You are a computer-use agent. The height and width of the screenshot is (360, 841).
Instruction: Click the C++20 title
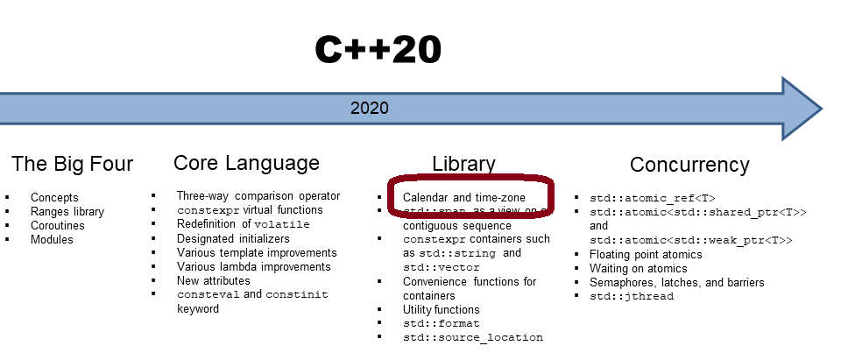click(x=378, y=51)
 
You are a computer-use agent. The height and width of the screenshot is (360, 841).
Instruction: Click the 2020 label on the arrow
click(x=369, y=109)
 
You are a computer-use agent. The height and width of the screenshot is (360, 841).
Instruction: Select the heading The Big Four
click(x=72, y=164)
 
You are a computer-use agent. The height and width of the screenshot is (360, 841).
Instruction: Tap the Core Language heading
click(x=246, y=163)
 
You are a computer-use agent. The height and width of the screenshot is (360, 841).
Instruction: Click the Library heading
click(x=463, y=164)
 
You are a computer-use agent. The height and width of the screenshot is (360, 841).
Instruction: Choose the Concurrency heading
click(x=689, y=165)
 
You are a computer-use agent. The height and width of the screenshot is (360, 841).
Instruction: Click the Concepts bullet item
click(x=54, y=197)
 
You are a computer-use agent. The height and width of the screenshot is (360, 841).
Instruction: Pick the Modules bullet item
click(x=53, y=239)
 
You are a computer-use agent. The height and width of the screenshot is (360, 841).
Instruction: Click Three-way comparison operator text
click(x=258, y=196)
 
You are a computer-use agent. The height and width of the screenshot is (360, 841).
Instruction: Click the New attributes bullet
click(x=213, y=280)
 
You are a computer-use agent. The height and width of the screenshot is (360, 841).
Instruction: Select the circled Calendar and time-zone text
click(x=463, y=197)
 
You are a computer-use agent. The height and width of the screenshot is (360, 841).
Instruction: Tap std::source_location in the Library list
click(x=472, y=337)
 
